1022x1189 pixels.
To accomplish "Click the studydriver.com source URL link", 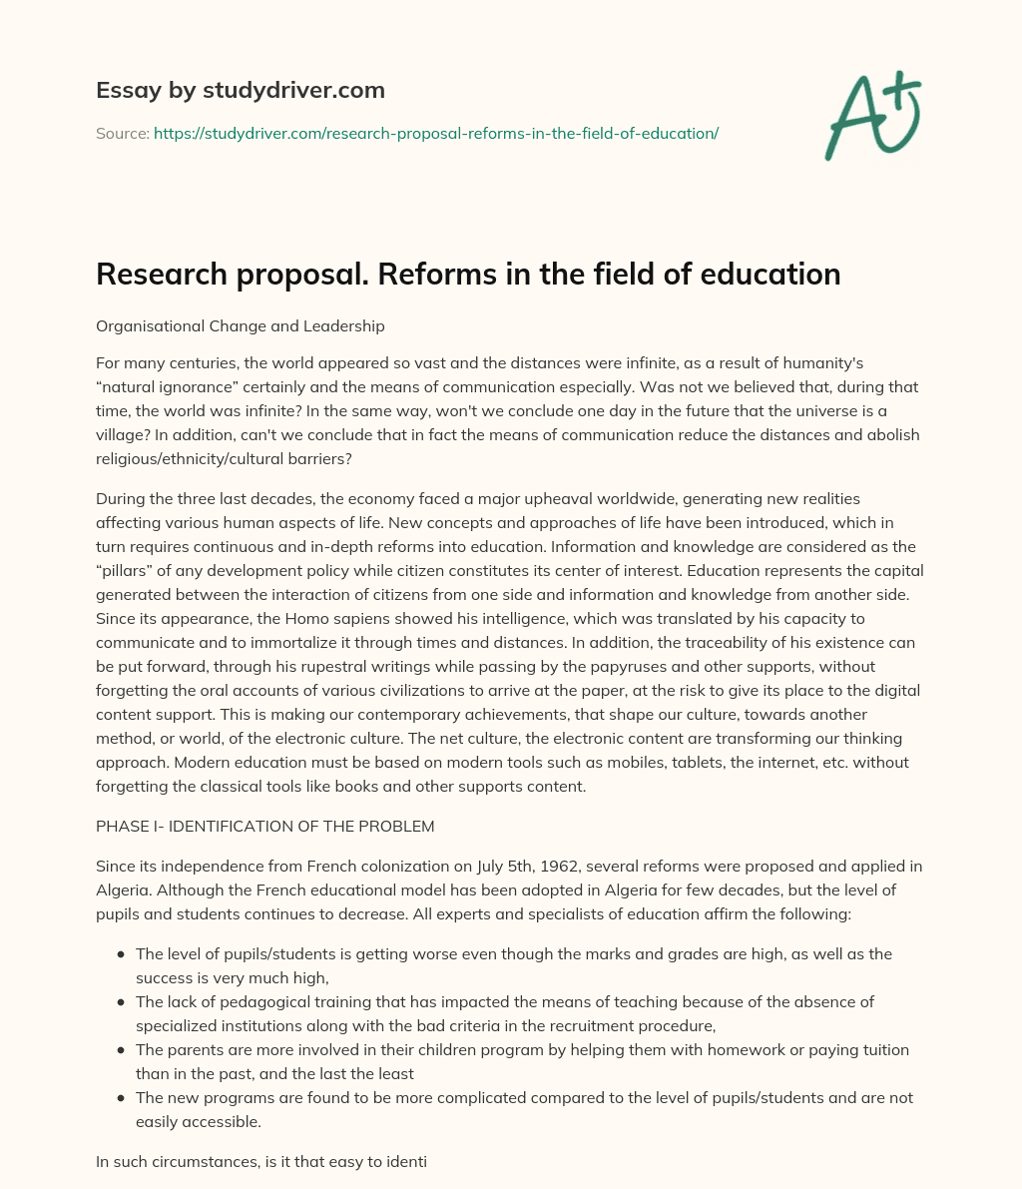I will [x=436, y=133].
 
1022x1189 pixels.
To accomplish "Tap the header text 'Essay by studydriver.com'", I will [x=241, y=90].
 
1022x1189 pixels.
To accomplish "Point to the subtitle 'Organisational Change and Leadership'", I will [x=241, y=325].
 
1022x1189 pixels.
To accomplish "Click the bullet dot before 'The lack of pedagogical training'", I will [x=121, y=1001].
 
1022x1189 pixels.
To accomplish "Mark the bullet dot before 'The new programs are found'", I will [x=121, y=1097].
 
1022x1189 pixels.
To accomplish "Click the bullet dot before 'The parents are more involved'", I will [x=121, y=1049].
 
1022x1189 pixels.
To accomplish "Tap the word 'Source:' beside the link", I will [x=123, y=133].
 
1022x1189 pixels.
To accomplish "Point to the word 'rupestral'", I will [x=342, y=667].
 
